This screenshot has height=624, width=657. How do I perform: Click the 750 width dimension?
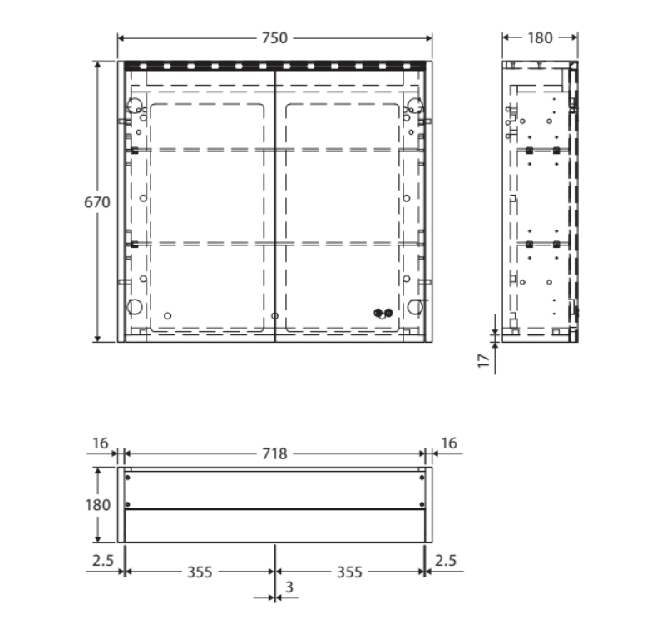click(x=274, y=38)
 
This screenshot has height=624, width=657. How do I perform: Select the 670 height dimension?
click(x=96, y=201)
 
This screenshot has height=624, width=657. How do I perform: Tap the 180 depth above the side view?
click(x=540, y=38)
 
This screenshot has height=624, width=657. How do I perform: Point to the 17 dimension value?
click(x=483, y=362)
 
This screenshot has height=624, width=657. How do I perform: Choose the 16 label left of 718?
click(x=101, y=443)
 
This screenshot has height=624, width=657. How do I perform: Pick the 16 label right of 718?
click(x=448, y=443)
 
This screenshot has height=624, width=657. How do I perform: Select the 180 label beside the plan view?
click(x=98, y=505)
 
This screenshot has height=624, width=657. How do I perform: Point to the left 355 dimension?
click(x=200, y=572)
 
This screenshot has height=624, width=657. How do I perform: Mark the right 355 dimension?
click(x=349, y=572)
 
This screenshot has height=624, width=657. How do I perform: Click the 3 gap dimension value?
click(x=289, y=589)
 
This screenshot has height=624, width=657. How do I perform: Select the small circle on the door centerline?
click(x=274, y=316)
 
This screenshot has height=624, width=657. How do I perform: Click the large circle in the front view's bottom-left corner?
click(x=134, y=307)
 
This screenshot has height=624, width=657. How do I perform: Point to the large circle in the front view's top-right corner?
click(x=413, y=106)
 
